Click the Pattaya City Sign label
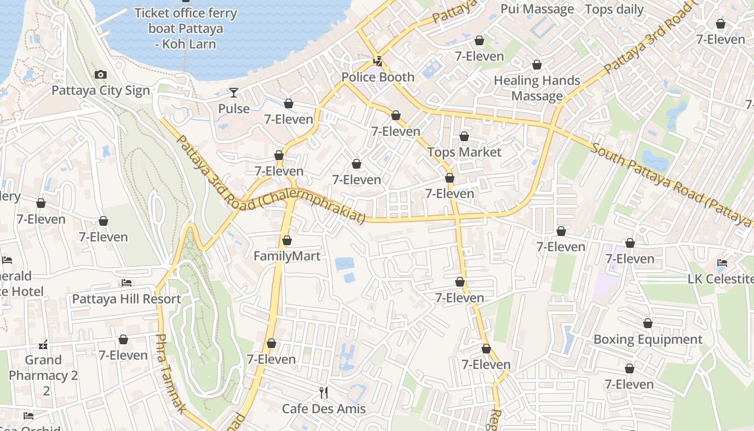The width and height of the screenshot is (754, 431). click(x=101, y=90)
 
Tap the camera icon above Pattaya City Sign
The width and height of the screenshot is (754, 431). click(x=101, y=75)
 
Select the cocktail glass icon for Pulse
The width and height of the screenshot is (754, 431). click(x=234, y=93)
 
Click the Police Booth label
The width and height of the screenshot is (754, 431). click(x=378, y=77)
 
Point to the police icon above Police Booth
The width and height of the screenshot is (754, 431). click(x=379, y=61)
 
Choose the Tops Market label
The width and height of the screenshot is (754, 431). click(x=464, y=152)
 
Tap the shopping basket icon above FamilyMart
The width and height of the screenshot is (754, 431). click(x=287, y=240)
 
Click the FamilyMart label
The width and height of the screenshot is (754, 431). click(x=287, y=256)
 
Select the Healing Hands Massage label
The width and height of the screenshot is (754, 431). click(x=537, y=88)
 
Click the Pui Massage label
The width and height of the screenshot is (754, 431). click(x=537, y=9)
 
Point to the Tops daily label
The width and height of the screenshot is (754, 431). click(x=614, y=9)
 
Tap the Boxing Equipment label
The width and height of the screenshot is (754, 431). click(x=648, y=339)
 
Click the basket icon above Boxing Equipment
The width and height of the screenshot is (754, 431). click(x=648, y=323)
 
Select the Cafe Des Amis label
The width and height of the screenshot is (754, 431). click(x=324, y=408)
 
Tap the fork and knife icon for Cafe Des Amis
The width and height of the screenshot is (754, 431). click(x=324, y=392)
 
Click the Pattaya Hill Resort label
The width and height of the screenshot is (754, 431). click(x=127, y=298)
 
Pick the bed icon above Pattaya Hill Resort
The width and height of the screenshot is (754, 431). click(x=127, y=282)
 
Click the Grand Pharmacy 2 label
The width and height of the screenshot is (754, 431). click(x=44, y=367)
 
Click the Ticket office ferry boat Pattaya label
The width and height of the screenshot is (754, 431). click(x=186, y=28)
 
